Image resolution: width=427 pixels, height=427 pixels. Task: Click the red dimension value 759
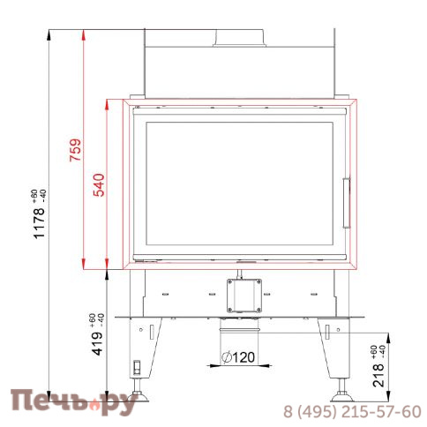(x=75, y=150)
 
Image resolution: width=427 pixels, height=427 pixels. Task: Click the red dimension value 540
(x=99, y=185)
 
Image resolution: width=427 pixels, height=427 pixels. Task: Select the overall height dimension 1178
(x=40, y=223)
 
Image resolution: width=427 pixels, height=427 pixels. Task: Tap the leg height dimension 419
(x=98, y=343)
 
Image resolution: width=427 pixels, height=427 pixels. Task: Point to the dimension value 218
(x=378, y=375)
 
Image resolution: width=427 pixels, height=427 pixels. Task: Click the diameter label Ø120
(x=238, y=357)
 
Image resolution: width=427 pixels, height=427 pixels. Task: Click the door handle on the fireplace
(x=347, y=203)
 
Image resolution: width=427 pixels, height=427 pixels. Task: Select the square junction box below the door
(x=244, y=296)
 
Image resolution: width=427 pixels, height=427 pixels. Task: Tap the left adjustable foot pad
(x=138, y=396)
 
